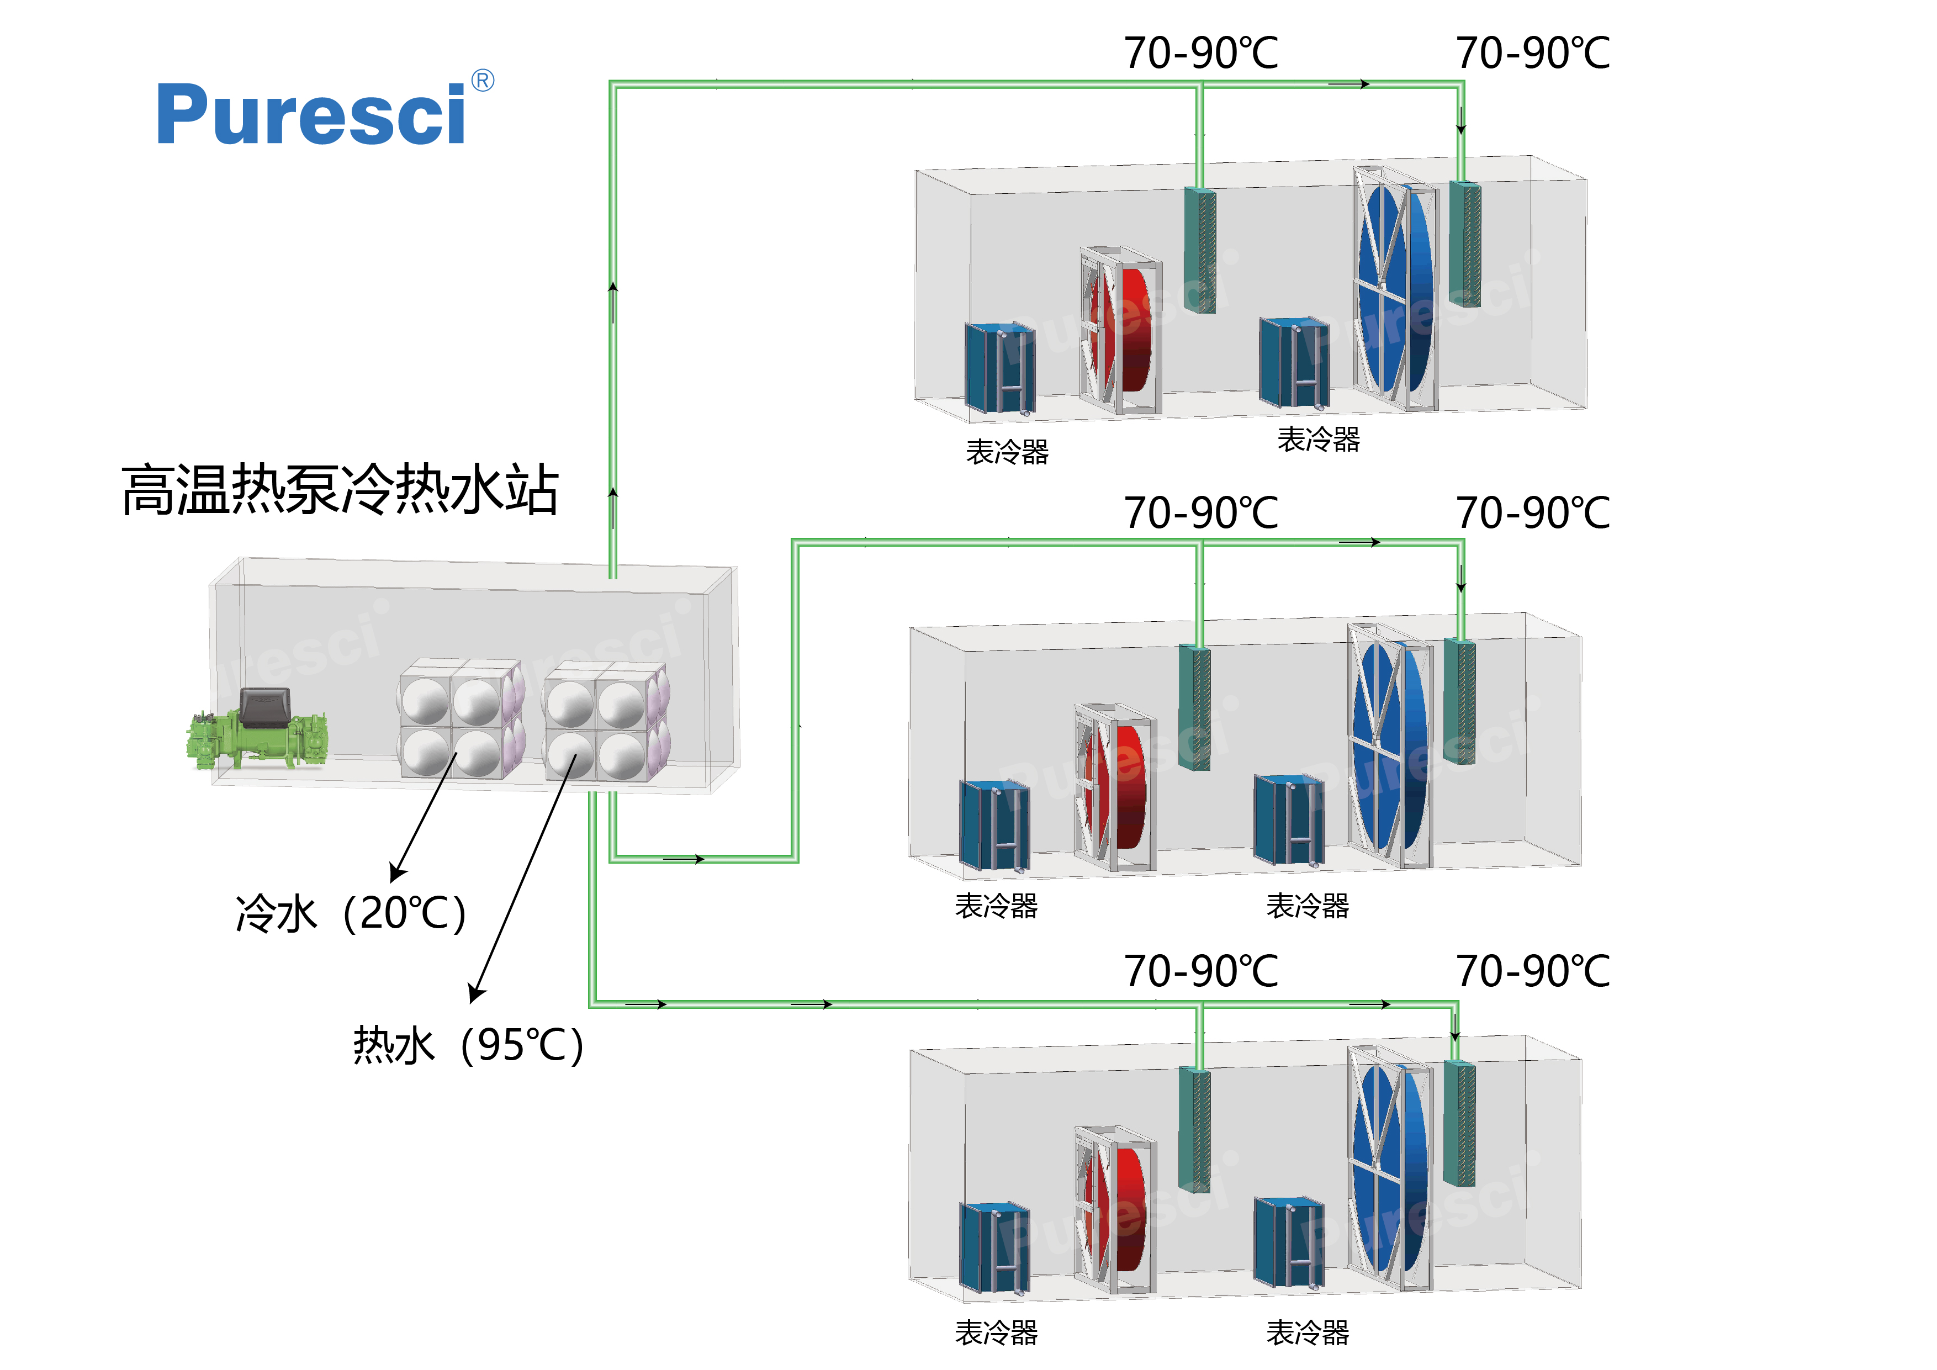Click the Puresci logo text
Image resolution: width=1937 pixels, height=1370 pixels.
click(310, 115)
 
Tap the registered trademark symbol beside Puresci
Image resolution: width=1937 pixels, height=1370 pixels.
click(483, 81)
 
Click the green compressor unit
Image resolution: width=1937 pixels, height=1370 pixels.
click(257, 731)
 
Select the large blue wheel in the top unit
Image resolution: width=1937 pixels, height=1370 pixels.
click(1396, 287)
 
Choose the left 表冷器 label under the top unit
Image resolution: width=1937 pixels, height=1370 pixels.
click(1007, 452)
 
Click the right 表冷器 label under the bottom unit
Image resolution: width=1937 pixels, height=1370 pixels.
click(1308, 1333)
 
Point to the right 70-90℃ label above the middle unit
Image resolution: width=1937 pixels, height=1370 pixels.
click(1533, 513)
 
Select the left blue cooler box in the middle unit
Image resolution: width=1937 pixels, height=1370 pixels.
click(994, 827)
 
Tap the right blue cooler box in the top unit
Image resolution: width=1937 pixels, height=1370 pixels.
click(1293, 363)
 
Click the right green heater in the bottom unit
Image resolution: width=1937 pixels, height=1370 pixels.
click(1459, 1123)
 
